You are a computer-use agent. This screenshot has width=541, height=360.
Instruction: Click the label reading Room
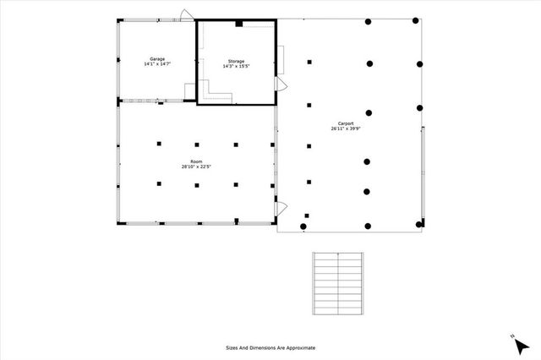(195, 161)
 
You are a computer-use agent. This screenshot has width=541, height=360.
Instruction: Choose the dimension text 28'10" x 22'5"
(195, 166)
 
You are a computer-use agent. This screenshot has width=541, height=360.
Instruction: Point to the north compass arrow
(516, 341)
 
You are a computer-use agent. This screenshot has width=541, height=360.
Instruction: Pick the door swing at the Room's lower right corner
(282, 207)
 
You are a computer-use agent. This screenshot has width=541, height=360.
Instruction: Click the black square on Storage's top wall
(239, 24)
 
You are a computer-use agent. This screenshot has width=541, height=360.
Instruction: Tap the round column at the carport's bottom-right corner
(419, 224)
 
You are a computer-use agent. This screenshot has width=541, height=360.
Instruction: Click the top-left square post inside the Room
(158, 145)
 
